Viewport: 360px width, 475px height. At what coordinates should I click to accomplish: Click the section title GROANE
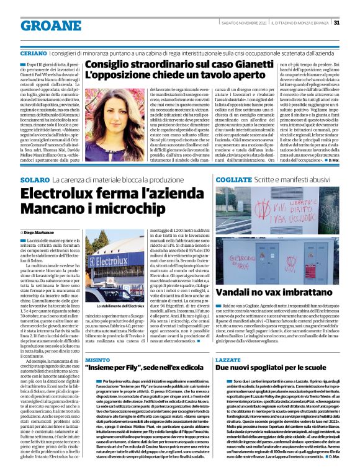point(47,25)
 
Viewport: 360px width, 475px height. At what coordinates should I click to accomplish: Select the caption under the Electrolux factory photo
point(112,306)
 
